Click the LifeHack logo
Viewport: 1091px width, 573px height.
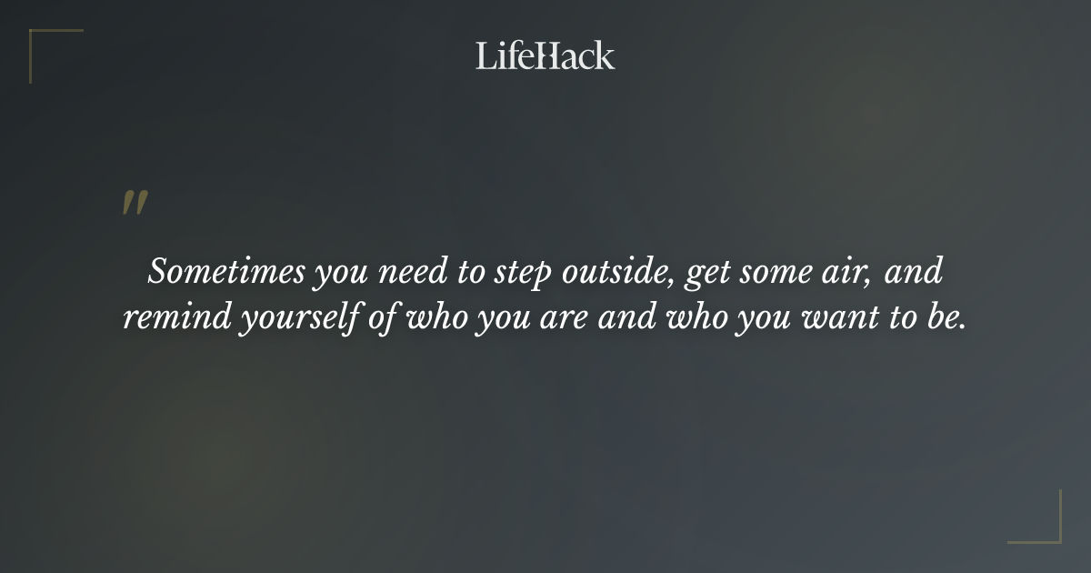(545, 55)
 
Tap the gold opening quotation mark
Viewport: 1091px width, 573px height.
(135, 204)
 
